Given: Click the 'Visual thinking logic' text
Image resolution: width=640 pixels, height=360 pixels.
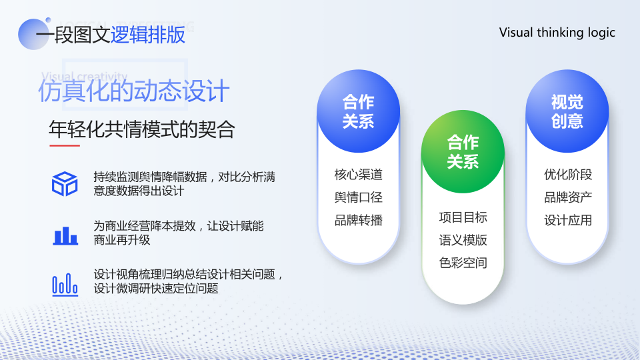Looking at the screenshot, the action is (x=557, y=33).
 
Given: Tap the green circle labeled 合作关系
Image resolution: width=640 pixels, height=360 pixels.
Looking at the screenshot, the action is (x=463, y=152).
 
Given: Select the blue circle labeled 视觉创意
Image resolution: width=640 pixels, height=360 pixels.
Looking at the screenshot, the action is (x=567, y=111).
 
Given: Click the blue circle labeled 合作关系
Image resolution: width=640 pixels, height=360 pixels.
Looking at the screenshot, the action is (x=359, y=111).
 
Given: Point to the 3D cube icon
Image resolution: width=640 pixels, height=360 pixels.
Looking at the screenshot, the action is (x=65, y=184).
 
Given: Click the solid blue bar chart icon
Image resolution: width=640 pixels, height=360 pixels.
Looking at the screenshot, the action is (x=65, y=235).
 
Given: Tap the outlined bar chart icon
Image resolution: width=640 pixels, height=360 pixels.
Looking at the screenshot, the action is (x=65, y=285).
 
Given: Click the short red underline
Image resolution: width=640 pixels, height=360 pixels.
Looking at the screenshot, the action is (x=65, y=145).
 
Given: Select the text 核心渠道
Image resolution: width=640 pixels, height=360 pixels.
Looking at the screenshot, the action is (x=359, y=175).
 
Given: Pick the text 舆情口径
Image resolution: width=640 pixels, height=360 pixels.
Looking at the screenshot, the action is (x=359, y=197).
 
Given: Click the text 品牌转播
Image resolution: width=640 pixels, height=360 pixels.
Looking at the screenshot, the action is (x=359, y=221).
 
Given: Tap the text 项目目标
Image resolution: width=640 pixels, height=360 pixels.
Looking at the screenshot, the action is (x=463, y=217).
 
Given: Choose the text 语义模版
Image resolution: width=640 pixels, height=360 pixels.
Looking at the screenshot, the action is (x=463, y=241).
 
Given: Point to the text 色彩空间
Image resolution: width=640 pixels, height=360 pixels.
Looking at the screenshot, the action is (x=463, y=263).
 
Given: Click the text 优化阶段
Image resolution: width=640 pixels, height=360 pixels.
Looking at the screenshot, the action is (x=568, y=175).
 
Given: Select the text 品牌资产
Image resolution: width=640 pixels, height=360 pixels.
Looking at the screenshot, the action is (x=568, y=197).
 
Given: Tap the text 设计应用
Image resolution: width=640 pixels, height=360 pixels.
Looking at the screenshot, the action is (x=568, y=221).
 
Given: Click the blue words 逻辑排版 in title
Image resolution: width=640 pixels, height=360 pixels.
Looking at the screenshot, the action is (x=148, y=35).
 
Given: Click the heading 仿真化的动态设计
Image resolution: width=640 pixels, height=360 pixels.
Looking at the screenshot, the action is (x=134, y=91).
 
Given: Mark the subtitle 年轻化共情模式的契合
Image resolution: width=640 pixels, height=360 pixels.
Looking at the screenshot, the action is (x=141, y=129).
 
